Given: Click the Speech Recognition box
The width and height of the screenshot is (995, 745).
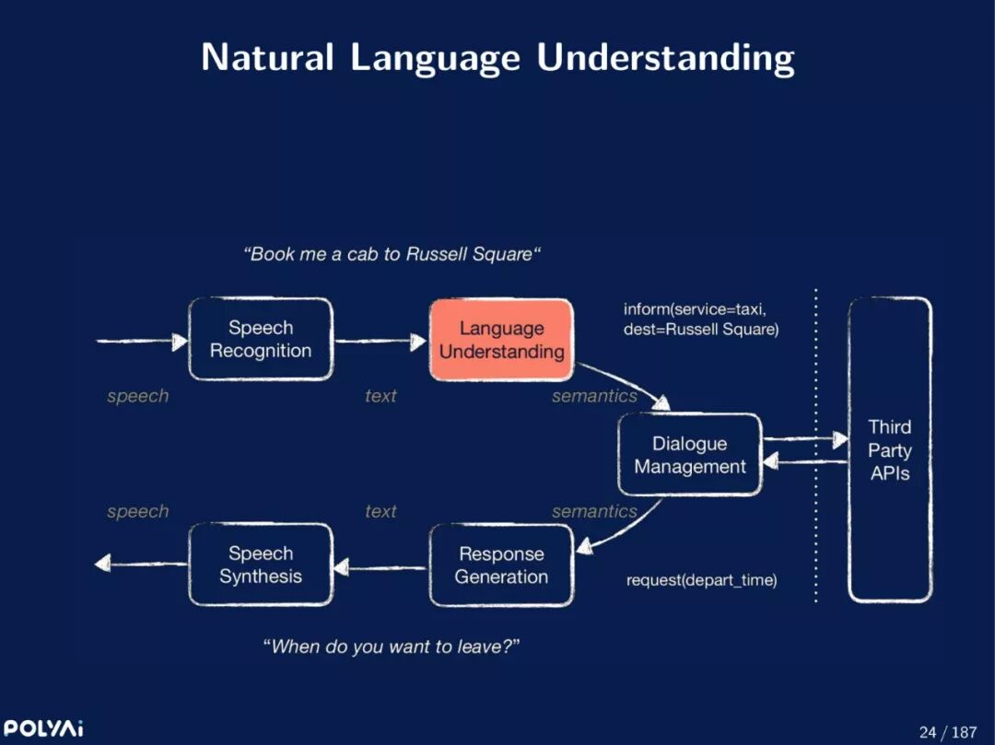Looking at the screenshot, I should [261, 339].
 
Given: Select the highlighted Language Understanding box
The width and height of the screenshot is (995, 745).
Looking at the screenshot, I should [501, 340].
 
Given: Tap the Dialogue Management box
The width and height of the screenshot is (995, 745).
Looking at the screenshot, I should [689, 455].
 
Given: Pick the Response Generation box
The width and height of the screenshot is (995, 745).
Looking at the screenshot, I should [501, 565].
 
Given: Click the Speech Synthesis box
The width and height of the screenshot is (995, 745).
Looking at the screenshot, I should [261, 565].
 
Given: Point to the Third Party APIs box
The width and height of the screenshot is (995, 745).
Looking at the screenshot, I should [889, 449].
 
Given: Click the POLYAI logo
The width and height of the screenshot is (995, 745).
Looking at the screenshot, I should [43, 729].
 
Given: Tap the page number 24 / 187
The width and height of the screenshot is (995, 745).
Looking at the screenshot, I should [947, 732].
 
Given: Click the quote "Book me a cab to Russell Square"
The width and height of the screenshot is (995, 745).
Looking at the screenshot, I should [392, 254].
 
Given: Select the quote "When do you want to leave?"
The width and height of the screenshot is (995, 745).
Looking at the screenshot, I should [392, 646].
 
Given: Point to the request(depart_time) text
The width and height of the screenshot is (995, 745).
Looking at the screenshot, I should [701, 580].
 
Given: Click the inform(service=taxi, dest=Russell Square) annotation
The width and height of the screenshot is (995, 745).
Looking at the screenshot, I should [701, 320].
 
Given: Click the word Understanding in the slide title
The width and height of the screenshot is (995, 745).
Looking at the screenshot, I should [665, 58].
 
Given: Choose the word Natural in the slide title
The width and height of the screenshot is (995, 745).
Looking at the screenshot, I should [267, 58].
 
